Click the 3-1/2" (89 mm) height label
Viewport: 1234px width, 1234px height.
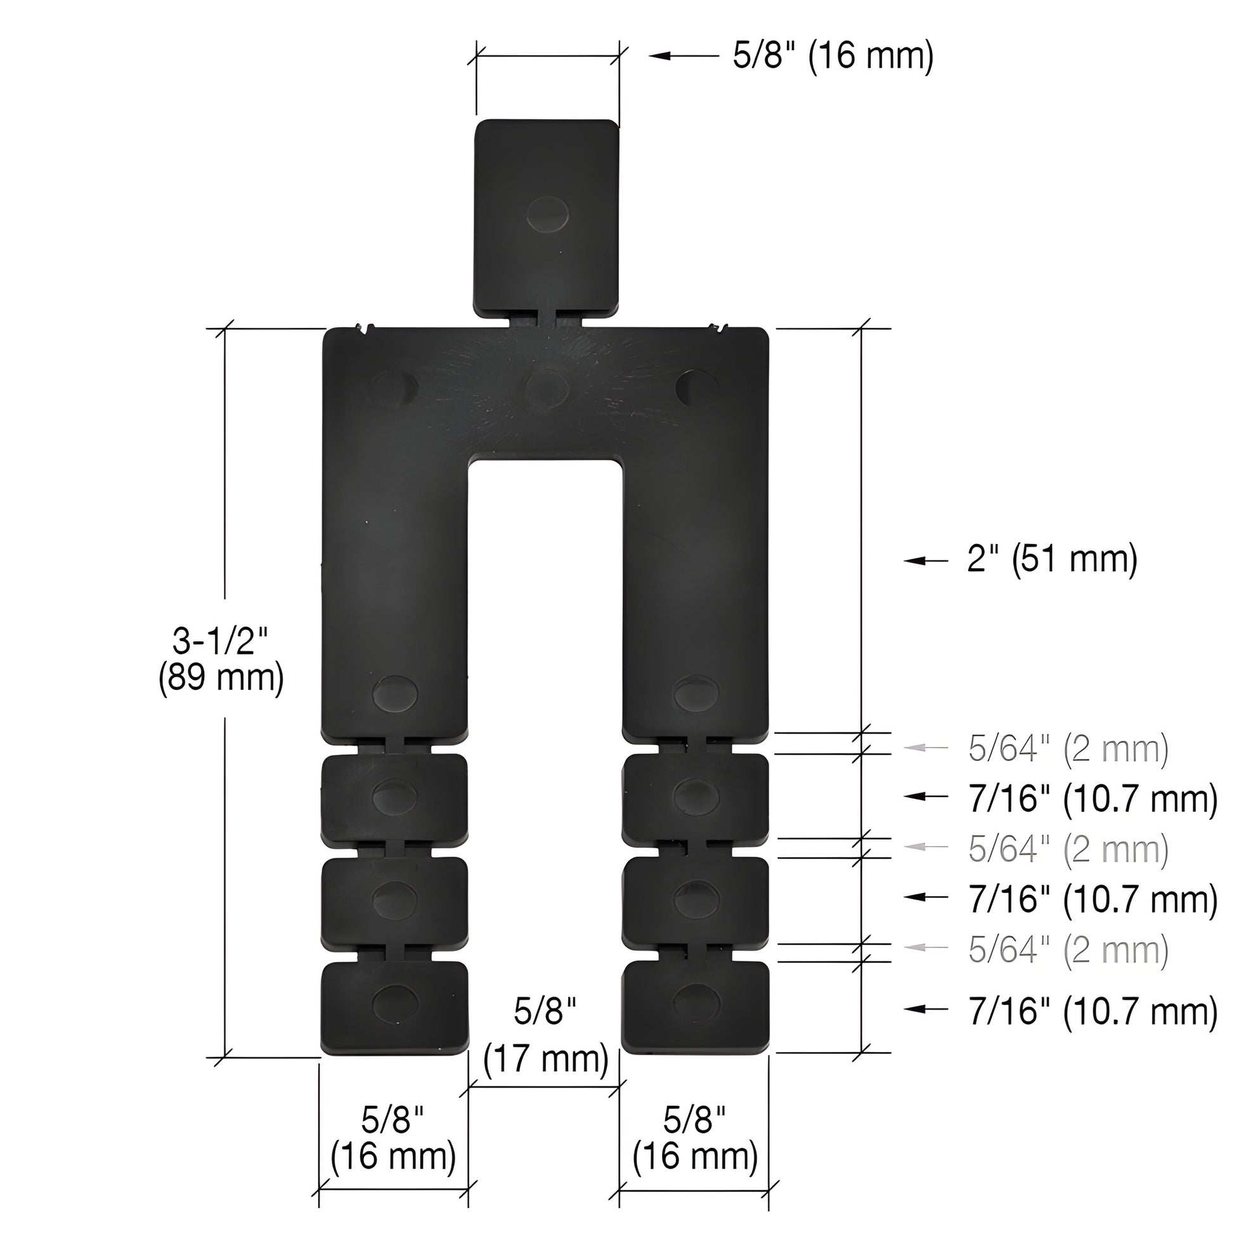tap(221, 659)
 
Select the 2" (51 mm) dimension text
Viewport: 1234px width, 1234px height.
tap(1052, 559)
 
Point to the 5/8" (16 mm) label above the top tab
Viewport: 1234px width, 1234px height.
tap(833, 56)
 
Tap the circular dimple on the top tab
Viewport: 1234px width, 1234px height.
tap(547, 213)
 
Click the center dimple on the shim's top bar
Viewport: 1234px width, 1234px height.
tap(547, 386)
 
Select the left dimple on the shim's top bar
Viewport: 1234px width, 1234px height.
tap(395, 387)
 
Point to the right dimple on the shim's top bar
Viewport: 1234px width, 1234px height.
tap(698, 387)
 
